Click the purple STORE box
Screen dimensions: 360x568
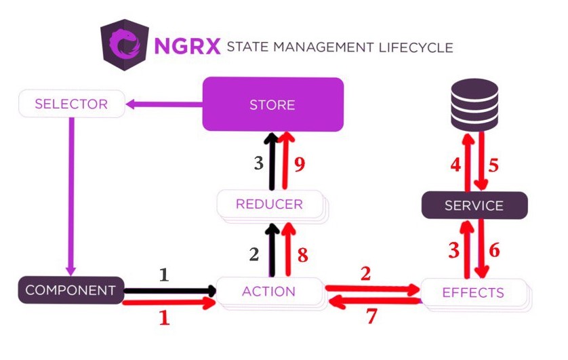(272, 104)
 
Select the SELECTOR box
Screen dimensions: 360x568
(71, 104)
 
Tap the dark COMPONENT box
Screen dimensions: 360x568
(70, 290)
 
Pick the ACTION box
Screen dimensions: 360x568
(268, 292)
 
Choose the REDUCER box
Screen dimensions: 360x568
(269, 203)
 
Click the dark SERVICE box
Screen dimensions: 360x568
(474, 205)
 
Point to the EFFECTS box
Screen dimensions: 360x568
(472, 293)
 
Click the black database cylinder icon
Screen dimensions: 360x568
(474, 102)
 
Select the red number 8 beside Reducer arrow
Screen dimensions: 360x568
(302, 254)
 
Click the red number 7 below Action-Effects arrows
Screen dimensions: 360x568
(370, 316)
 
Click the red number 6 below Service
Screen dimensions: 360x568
(494, 249)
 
